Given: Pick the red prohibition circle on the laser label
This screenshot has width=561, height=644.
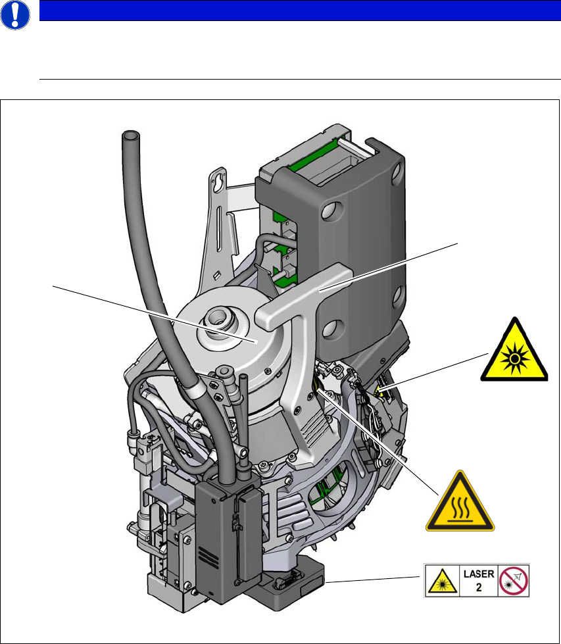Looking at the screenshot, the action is [514, 579].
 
